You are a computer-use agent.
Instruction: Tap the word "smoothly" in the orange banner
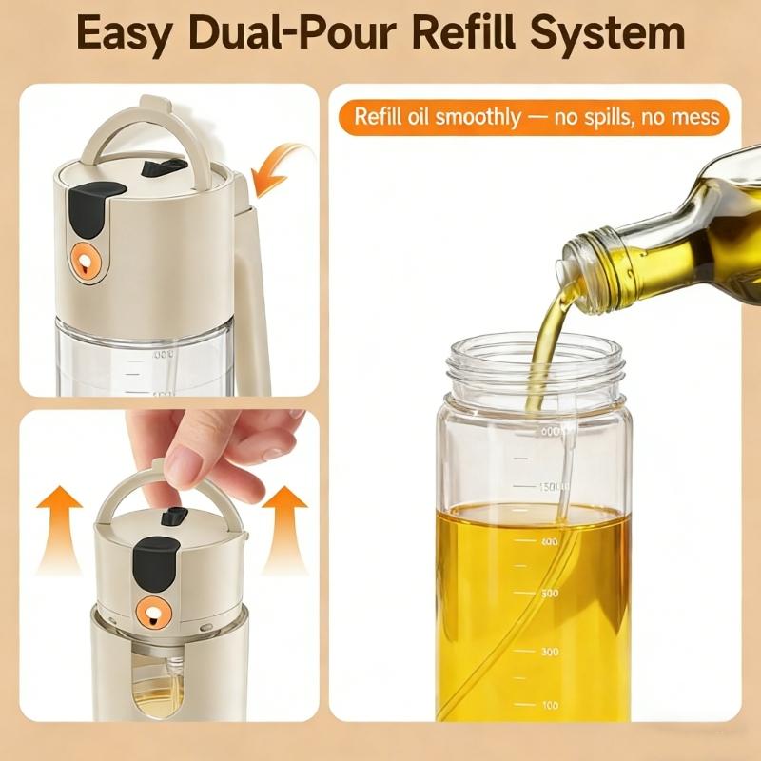pos(477,118)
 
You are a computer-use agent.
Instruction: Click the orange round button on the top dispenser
pos(84,258)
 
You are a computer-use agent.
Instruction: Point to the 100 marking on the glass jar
pos(550,705)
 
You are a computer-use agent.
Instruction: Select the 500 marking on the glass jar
pos(550,593)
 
